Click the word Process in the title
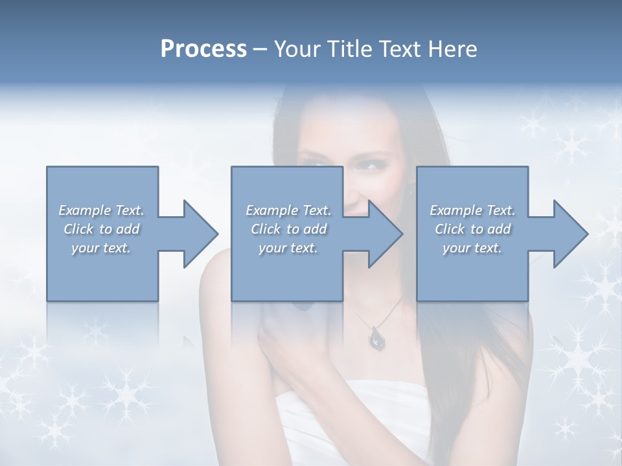(203, 49)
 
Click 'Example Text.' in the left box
(101, 210)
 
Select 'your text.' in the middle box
(288, 248)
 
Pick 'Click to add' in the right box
(472, 229)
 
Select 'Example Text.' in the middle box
(288, 210)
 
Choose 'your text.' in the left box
(101, 248)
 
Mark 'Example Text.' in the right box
(472, 210)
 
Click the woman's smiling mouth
(354, 208)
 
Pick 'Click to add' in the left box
(101, 229)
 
